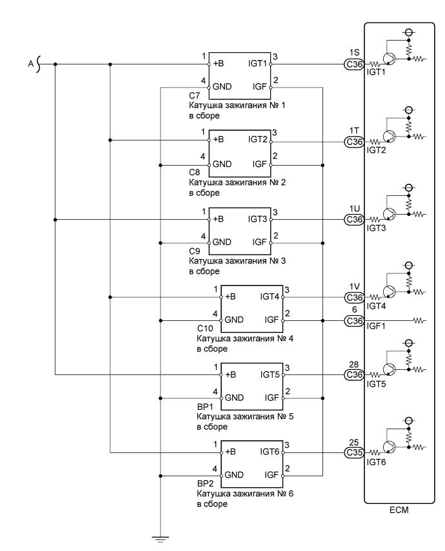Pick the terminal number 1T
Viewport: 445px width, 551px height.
[x=353, y=131]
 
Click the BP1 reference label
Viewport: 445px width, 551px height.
[x=204, y=407]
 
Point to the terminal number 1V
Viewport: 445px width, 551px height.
[x=353, y=287]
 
